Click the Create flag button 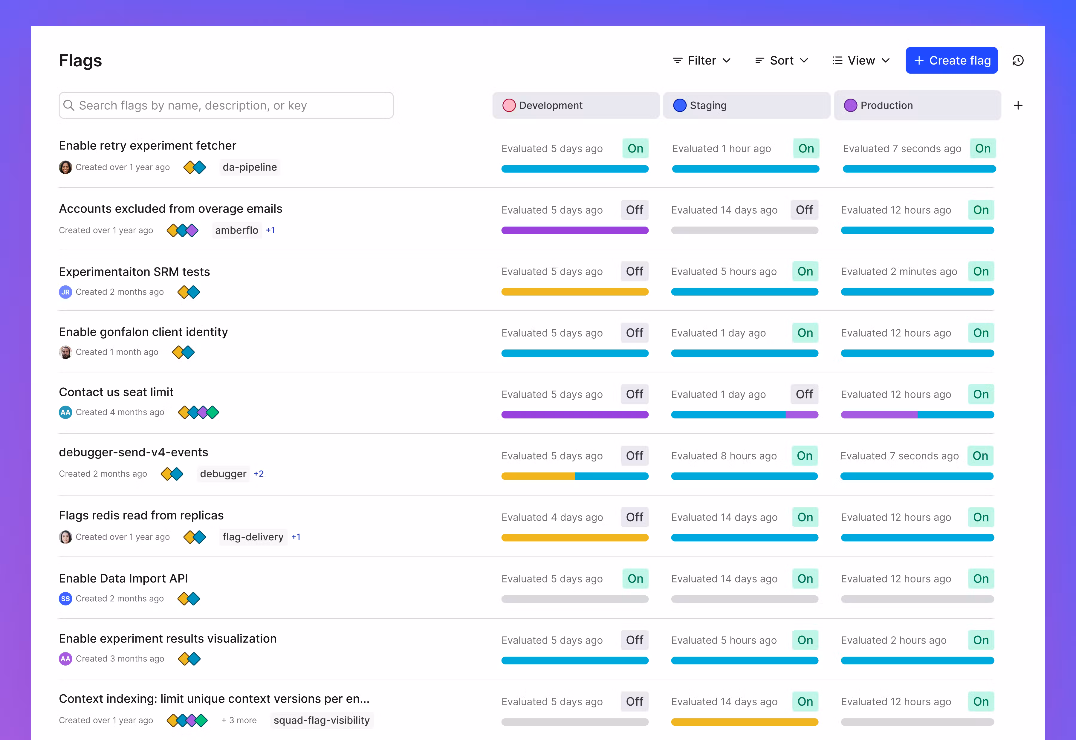[951, 60]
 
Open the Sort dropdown [782, 60]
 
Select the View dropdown [861, 60]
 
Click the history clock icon [1018, 60]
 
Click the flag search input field [226, 105]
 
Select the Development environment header [576, 105]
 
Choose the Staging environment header [746, 105]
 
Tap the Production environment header [918, 105]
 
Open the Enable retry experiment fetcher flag [147, 146]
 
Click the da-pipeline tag [250, 167]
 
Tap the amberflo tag [236, 230]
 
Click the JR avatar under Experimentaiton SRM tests [65, 292]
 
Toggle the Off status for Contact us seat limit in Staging [804, 394]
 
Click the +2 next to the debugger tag [259, 473]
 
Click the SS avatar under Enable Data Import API [65, 599]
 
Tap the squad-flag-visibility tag [322, 720]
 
